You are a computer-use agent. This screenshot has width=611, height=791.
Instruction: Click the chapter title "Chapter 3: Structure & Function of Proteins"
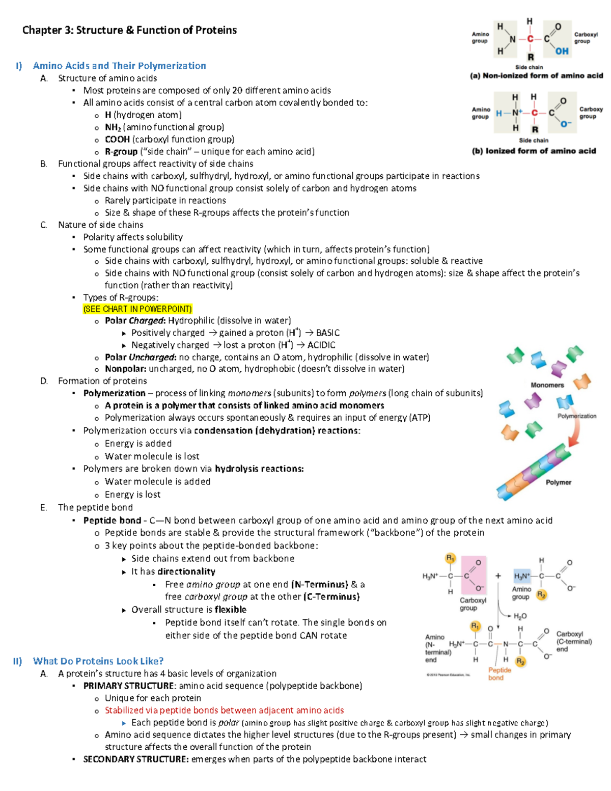pyautogui.click(x=129, y=30)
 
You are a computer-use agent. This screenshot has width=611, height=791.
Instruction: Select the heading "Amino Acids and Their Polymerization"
pyautogui.click(x=119, y=66)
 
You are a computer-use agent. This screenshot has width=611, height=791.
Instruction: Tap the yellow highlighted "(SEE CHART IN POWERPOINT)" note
pyautogui.click(x=137, y=309)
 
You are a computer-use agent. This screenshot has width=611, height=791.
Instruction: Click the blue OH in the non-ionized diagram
pyautogui.click(x=562, y=51)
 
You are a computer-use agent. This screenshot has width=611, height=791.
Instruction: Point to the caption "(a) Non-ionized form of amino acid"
pyautogui.click(x=536, y=76)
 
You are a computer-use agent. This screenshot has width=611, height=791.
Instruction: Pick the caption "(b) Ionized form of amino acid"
pyautogui.click(x=534, y=151)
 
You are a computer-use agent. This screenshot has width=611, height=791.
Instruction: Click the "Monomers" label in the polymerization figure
pyautogui.click(x=547, y=385)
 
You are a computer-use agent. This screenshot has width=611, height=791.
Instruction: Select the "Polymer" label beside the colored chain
pyautogui.click(x=558, y=482)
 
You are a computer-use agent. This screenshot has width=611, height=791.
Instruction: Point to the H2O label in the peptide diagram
pyautogui.click(x=520, y=616)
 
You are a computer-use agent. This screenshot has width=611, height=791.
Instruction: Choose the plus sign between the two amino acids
pyautogui.click(x=498, y=576)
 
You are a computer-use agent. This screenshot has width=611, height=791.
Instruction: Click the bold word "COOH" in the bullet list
pyautogui.click(x=117, y=139)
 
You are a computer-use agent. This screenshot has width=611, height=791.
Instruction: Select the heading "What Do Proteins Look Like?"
pyautogui.click(x=98, y=661)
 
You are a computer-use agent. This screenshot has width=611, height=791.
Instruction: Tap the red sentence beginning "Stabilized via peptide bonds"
pyautogui.click(x=224, y=710)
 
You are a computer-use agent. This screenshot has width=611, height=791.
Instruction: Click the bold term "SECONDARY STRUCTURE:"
pyautogui.click(x=136, y=759)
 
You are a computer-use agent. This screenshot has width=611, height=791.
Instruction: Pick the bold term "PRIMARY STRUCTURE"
pyautogui.click(x=129, y=686)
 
